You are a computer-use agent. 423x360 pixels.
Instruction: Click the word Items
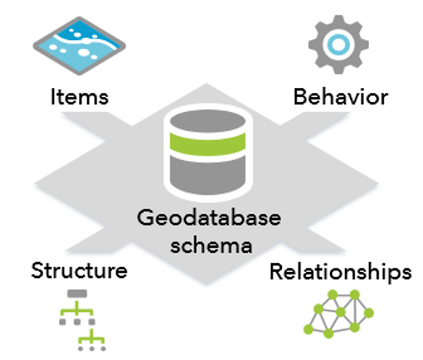pos(80,97)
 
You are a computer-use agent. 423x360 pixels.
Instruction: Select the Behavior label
pos(341,97)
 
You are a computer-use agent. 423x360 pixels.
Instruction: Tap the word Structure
pos(79,271)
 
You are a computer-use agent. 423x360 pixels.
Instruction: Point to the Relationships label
pos(341,273)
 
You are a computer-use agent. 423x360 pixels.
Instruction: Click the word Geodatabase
pos(209,217)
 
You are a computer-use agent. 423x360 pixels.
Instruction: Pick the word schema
pos(211,245)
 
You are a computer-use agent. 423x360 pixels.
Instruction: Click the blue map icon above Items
pos(79,46)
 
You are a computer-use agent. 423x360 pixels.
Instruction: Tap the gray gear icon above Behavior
pos(339,44)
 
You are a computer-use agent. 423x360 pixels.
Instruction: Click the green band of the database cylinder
pos(207,144)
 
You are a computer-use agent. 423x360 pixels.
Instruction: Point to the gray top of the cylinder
pos(207,121)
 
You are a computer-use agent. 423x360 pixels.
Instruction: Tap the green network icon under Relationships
pos(339,314)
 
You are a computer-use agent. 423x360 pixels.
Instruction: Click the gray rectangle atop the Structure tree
pos(77,293)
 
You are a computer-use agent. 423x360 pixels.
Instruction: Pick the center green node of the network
pos(341,312)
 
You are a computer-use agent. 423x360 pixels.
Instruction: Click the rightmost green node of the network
pos(369,313)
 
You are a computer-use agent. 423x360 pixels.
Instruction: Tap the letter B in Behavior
pos(299,97)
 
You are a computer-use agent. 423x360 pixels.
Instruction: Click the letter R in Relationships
pos(276,271)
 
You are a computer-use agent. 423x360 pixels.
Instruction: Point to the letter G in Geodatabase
pos(146,217)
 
